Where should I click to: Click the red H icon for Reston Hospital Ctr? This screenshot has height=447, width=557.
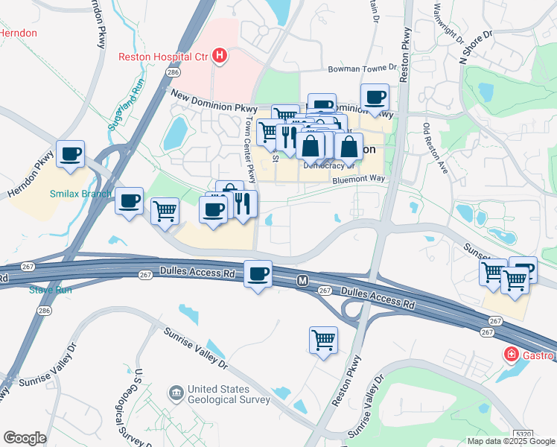[x=219, y=55]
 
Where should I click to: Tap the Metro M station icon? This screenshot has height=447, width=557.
[x=302, y=281]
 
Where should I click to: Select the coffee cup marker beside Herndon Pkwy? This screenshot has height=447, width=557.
[x=71, y=154]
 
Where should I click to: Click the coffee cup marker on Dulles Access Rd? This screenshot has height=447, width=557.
[x=258, y=274]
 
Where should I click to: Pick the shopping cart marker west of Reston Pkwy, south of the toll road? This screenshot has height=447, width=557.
[x=323, y=340]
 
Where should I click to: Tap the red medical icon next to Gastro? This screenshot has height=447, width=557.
[x=511, y=354]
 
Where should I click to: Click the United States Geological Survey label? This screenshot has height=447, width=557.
[x=229, y=394]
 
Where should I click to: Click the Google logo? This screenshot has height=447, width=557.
[x=25, y=437]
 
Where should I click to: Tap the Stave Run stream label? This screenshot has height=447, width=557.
[x=50, y=290]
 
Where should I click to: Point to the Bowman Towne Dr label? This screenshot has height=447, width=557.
[x=361, y=69]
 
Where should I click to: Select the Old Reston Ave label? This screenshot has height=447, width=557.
[x=436, y=149]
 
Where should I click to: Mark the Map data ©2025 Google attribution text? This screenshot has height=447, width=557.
[x=510, y=441]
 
